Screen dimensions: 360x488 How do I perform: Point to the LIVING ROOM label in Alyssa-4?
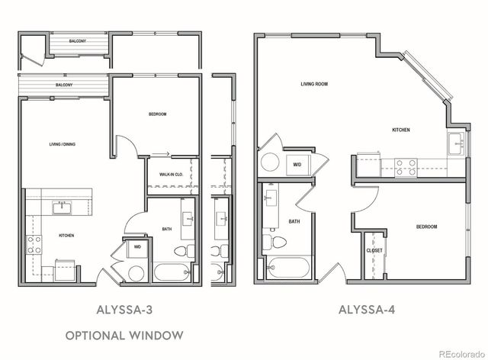click(x=313, y=84)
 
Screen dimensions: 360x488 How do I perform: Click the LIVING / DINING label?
click(x=62, y=143)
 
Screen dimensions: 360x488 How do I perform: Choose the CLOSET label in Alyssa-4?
click(x=374, y=250)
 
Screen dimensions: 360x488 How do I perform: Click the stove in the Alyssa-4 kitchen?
click(x=405, y=166)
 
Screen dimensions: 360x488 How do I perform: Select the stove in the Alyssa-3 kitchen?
click(x=34, y=244)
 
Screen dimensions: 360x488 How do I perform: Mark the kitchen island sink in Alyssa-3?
click(x=61, y=207)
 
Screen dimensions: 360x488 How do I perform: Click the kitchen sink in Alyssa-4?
click(x=456, y=142)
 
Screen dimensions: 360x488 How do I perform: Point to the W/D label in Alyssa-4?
click(x=296, y=163)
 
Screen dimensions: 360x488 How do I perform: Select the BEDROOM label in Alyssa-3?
click(x=157, y=114)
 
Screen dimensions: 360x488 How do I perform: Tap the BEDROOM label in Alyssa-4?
click(x=426, y=227)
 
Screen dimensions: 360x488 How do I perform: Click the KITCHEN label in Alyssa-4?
click(x=402, y=130)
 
